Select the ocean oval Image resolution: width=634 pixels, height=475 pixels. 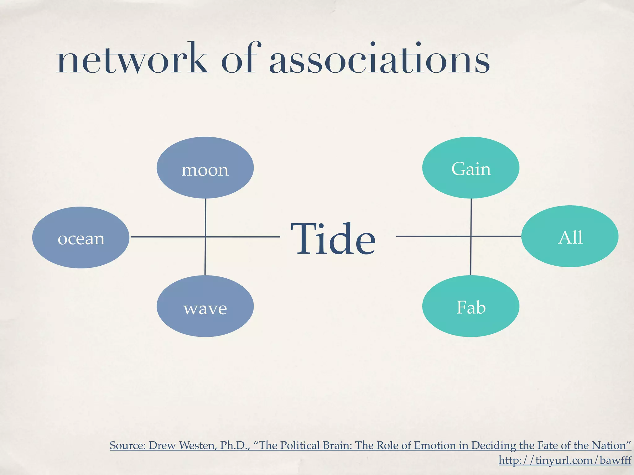[81, 237]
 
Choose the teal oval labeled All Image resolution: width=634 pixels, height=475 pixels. [570, 236]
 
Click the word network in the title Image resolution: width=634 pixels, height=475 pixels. [132, 59]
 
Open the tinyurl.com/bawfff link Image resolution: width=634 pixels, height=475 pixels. [565, 460]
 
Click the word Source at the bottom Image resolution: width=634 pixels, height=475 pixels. [128, 446]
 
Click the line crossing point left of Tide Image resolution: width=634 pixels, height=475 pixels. [205, 237]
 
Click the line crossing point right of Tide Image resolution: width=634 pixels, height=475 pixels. [471, 236]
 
